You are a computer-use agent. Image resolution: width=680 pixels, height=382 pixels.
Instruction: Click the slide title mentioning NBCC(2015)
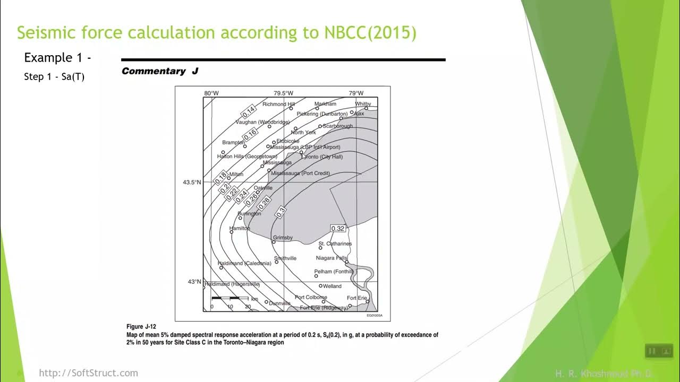[217, 33]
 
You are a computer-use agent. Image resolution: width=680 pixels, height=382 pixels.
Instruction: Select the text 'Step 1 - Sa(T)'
[54, 77]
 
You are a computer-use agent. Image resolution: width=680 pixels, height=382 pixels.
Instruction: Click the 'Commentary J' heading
[160, 71]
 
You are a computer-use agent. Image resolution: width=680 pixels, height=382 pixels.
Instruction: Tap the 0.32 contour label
[338, 229]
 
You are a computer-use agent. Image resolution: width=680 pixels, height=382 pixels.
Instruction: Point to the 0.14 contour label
[249, 111]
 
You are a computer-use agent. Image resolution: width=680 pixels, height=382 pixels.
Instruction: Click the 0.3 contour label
[281, 211]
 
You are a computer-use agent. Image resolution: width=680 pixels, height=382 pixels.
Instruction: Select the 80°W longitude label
[211, 93]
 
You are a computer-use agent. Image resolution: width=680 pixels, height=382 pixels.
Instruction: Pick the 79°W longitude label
[356, 93]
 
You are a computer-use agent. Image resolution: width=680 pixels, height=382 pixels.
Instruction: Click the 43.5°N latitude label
[192, 183]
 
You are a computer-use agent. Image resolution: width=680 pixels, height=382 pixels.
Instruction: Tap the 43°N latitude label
[194, 282]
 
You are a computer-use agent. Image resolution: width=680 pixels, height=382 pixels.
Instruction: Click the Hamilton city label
[240, 228]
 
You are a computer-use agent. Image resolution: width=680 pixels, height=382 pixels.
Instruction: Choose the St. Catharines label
[335, 244]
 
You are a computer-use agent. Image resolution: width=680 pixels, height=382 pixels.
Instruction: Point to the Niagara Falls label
[331, 258]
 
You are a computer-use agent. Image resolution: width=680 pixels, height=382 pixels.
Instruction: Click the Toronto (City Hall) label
[322, 157]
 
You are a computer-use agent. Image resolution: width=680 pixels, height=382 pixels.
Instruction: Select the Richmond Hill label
[278, 105]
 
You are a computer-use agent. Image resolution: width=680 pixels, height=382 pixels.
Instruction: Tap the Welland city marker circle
[321, 286]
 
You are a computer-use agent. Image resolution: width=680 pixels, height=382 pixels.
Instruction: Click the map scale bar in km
[229, 300]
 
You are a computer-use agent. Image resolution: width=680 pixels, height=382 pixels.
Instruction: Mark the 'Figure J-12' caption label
[142, 327]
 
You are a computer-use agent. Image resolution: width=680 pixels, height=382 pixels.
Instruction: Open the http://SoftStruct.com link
[88, 373]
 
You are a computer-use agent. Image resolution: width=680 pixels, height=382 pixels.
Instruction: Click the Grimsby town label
[283, 238]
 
